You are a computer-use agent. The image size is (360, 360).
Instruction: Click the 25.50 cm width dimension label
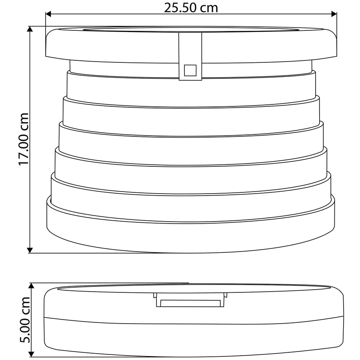(191, 8)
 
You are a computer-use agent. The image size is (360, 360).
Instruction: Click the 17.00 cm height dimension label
(24, 139)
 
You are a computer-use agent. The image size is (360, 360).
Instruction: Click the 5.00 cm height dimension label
(25, 320)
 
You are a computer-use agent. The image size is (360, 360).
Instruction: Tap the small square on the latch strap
(190, 70)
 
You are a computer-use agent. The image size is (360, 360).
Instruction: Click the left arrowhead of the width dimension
(48, 14)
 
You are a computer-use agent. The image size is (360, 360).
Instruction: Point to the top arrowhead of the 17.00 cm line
(30, 29)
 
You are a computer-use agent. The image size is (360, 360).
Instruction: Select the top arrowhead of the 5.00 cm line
(32, 286)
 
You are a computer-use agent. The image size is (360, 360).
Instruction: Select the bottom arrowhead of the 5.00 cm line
(32, 354)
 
